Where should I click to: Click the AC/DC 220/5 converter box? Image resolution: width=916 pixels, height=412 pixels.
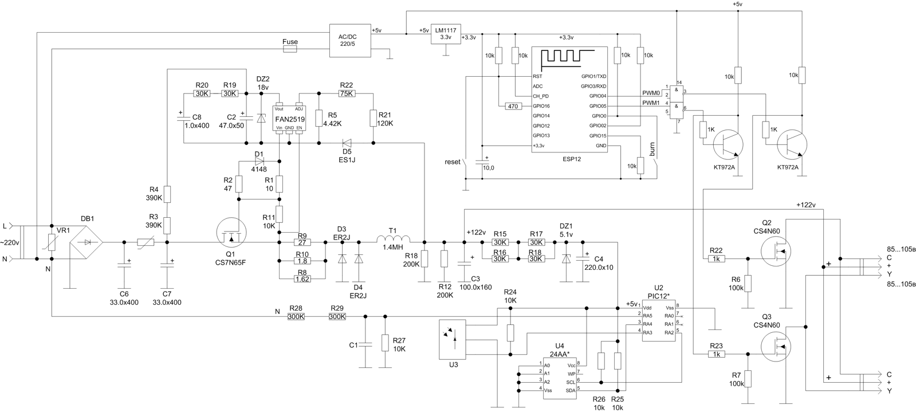click(350, 40)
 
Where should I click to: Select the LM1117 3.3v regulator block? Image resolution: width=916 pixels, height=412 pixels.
click(446, 34)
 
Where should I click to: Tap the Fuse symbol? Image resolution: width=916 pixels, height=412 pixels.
click(290, 49)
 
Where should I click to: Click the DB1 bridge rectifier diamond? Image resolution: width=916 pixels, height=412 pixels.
click(87, 242)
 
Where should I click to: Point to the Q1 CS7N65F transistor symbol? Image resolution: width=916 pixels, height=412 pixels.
click(231, 236)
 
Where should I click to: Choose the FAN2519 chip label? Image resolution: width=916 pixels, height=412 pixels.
click(290, 119)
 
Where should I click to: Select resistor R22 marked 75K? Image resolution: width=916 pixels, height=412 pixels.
click(346, 93)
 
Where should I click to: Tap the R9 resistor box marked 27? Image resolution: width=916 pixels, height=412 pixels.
click(302, 242)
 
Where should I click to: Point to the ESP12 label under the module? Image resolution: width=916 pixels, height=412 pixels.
click(572, 159)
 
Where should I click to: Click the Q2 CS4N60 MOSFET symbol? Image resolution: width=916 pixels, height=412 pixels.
click(775, 250)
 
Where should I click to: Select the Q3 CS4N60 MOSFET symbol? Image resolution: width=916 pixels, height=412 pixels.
click(775, 346)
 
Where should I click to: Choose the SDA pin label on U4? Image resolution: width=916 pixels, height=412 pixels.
click(570, 390)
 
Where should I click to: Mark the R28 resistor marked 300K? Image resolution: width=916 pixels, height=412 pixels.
click(296, 316)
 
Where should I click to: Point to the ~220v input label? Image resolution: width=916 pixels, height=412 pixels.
click(10, 243)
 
